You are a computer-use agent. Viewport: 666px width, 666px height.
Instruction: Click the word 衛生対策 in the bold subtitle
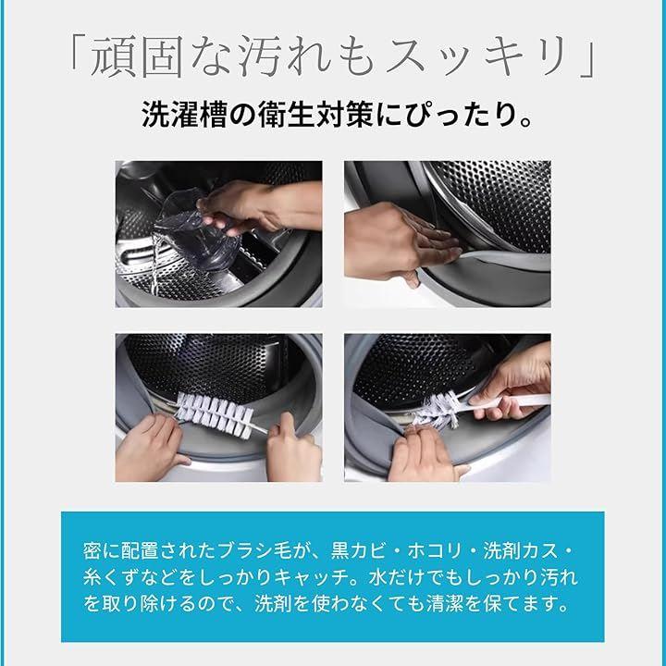pyautogui.click(x=315, y=115)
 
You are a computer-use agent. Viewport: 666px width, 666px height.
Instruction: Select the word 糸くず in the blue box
pyautogui.click(x=111, y=577)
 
